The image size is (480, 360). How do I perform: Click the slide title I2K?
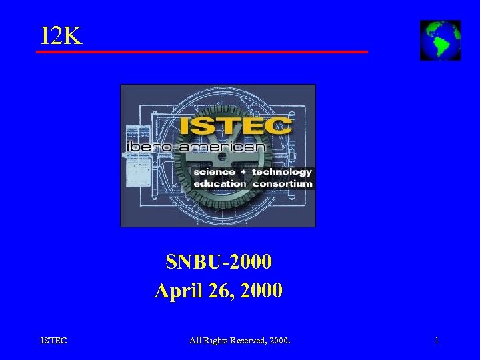(61, 36)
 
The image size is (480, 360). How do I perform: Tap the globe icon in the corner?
(440, 40)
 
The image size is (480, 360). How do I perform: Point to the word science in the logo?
(214, 172)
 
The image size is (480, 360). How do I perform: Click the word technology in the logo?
(281, 172)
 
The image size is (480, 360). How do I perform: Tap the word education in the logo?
(219, 183)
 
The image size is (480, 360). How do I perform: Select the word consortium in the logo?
(282, 183)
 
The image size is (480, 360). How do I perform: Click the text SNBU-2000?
(219, 262)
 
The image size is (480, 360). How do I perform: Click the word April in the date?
(176, 291)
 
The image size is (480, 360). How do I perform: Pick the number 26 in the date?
(216, 291)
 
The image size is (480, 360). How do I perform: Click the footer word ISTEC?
(54, 341)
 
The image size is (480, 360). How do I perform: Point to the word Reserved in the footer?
(247, 341)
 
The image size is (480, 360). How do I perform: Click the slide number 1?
(437, 341)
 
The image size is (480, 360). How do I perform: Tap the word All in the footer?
(195, 341)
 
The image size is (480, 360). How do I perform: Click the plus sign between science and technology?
(243, 172)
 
